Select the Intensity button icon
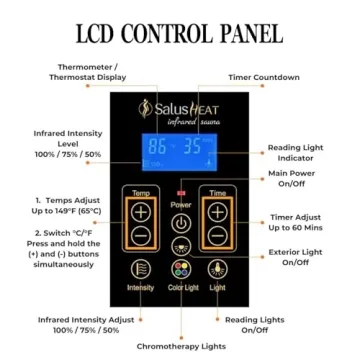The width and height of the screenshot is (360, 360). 142,269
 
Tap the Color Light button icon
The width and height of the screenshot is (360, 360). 180,269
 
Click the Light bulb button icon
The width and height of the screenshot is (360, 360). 217,269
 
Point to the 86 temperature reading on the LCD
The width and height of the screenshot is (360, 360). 158,146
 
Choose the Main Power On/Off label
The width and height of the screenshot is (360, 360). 292,179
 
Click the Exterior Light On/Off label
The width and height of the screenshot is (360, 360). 296,258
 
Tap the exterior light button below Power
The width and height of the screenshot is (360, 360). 181,247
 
